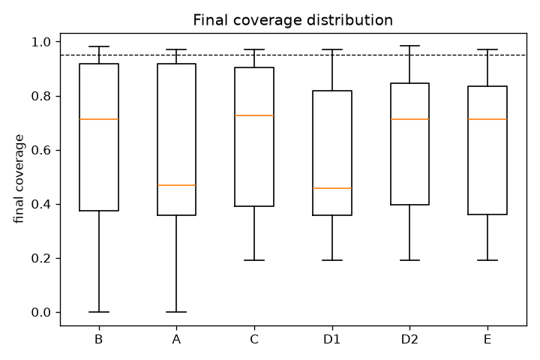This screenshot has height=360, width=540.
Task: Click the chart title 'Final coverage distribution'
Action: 292,20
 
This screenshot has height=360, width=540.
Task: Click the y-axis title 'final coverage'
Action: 19,178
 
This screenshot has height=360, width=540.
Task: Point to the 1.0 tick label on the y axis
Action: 40,42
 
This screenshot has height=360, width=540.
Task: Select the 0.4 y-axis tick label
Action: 40,205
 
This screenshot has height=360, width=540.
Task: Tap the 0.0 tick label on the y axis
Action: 40,313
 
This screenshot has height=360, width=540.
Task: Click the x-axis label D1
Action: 332,340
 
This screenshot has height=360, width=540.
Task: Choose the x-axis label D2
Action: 409,340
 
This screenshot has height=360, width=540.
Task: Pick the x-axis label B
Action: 99,340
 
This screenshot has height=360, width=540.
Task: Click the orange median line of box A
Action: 177,185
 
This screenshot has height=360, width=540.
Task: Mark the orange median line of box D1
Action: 332,188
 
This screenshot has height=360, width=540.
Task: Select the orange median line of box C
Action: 254,115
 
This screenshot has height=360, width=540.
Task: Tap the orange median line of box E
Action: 487,119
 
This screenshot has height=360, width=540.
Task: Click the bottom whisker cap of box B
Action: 99,312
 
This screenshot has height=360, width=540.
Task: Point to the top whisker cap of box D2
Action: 409,46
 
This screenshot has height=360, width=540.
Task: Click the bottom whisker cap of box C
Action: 254,260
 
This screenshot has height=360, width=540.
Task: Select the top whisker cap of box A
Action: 177,49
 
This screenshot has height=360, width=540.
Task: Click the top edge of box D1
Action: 332,91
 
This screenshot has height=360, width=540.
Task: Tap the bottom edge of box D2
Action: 409,205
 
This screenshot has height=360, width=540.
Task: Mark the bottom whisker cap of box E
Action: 487,260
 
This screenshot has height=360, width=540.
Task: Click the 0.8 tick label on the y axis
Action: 40,97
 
